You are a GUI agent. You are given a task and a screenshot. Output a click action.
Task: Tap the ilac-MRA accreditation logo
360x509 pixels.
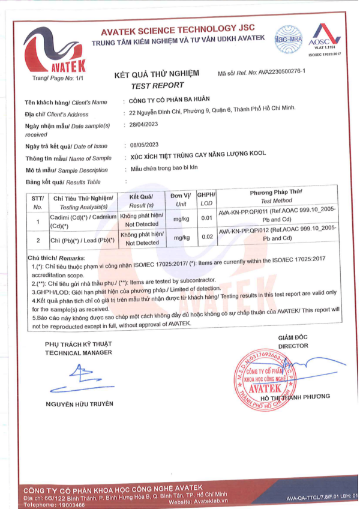coord(289,38)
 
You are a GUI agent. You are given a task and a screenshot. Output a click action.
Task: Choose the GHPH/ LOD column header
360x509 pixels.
coord(206,200)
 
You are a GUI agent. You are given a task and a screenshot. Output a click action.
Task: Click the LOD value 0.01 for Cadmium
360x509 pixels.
coord(207,218)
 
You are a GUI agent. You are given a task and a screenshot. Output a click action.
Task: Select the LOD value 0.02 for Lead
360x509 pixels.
coord(207,238)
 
